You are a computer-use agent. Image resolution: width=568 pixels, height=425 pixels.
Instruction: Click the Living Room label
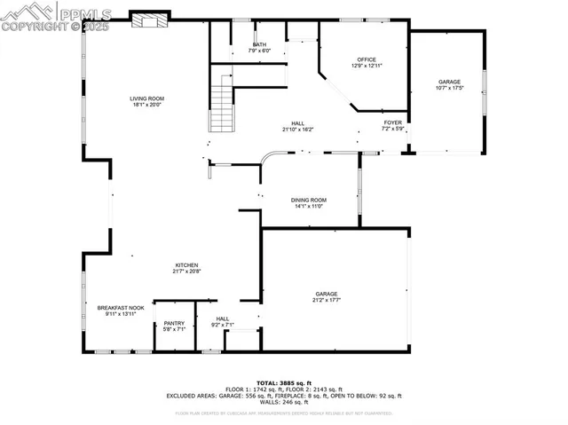coord(147,98)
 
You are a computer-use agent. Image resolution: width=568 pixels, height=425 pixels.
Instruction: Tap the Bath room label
coord(259,44)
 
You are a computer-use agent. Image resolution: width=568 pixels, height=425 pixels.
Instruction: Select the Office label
coord(367,59)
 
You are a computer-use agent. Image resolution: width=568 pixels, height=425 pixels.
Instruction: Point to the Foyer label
coord(393,122)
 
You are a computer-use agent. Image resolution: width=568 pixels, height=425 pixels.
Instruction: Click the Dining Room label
coord(309,200)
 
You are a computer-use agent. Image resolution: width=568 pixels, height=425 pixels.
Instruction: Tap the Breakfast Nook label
coord(121,308)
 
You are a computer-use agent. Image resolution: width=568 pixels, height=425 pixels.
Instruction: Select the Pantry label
coord(168,323)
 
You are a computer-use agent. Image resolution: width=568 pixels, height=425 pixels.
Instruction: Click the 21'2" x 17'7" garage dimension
coord(327,301)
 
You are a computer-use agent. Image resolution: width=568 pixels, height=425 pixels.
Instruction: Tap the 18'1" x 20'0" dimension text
coord(147,106)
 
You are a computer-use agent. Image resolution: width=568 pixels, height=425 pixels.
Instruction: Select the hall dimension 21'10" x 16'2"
coord(298,130)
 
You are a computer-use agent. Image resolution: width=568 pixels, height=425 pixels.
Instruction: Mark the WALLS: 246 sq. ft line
coord(284,405)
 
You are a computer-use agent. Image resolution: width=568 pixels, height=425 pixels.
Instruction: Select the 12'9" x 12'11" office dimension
coord(367,66)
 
